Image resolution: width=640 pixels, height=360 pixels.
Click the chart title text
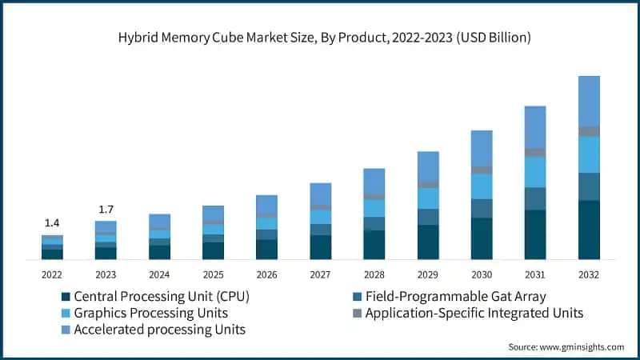pos(320,38)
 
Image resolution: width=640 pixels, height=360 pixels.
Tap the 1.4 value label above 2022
pos(52,222)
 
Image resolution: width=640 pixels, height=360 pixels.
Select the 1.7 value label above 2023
pos(106,210)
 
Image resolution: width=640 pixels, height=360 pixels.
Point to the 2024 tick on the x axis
pos(159,274)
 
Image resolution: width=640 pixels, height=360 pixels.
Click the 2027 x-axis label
pos(320,274)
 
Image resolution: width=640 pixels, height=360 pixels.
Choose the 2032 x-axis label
pos(589,274)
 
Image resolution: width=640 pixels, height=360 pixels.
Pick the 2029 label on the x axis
pos(427,274)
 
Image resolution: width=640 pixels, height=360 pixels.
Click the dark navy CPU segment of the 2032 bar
pos(589,230)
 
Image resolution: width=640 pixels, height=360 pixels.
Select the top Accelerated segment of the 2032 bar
pos(589,101)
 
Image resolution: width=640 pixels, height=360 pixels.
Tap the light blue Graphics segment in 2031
pos(535,172)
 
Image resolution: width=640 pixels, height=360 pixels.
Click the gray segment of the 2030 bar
pos(482,170)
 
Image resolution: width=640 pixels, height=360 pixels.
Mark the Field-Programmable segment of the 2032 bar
pos(589,186)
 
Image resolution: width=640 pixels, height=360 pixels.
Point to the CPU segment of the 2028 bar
pos(374,245)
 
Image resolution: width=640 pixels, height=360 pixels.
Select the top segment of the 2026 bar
pos(266,204)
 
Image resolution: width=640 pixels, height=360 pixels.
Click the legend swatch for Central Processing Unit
pos(66,296)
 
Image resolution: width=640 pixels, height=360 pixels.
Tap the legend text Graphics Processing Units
pos(150,313)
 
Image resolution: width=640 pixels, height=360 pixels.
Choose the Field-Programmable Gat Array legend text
pos(455,296)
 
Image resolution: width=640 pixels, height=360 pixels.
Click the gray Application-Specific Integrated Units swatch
pos(357,313)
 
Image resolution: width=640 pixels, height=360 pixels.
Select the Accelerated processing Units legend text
pos(159,330)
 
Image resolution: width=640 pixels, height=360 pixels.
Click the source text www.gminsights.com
pos(566,346)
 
